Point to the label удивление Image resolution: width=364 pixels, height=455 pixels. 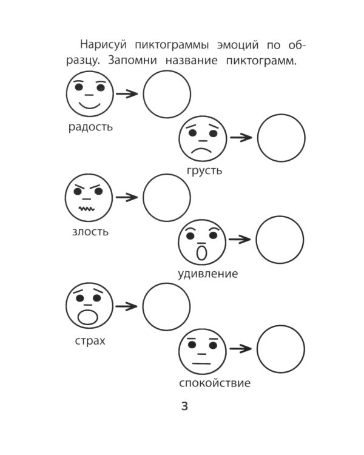click(207, 274)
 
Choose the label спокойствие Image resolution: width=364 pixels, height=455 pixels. click(215, 383)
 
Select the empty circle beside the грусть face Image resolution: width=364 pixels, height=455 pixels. click(281, 138)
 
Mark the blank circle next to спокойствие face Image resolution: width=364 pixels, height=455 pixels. click(280, 348)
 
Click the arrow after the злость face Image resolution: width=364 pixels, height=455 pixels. click(126, 197)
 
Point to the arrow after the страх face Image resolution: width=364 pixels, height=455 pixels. click(126, 306)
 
